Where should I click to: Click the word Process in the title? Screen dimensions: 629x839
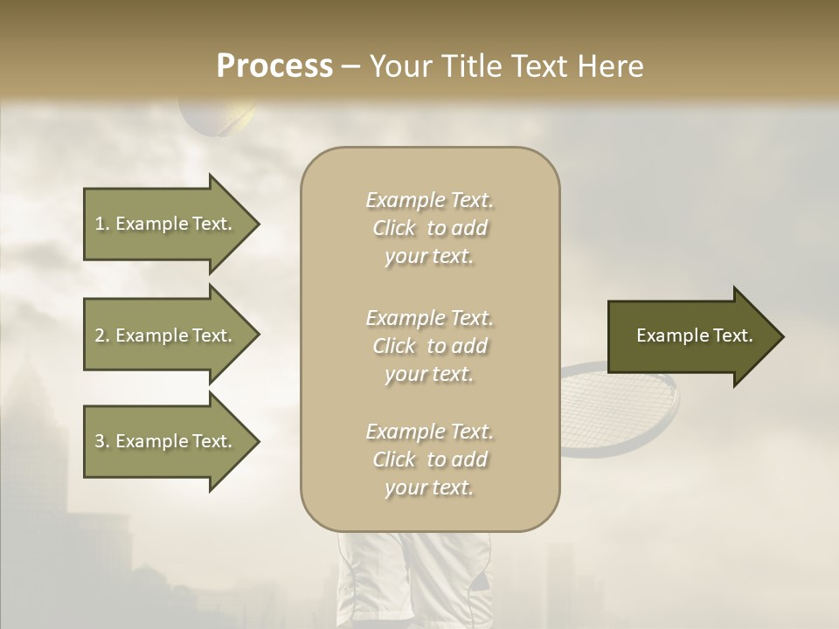274,66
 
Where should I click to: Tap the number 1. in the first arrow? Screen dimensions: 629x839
102,224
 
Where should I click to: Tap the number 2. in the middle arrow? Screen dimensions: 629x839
102,335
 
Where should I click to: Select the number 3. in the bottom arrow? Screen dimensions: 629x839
102,441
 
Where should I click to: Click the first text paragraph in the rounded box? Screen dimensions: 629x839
429,228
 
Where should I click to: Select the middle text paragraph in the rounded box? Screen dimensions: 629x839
429,346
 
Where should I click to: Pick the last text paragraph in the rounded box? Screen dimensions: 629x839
429,460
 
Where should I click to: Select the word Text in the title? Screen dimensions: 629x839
539,66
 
